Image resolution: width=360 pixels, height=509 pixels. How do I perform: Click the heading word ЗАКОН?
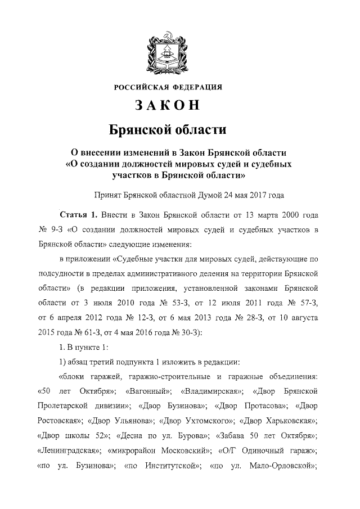pos(168,105)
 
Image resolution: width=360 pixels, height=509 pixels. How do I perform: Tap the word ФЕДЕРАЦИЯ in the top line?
pos(196,87)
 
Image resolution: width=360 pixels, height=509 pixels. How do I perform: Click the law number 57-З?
pos(308,304)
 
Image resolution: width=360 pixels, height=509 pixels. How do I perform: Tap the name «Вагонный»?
pos(149,390)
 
